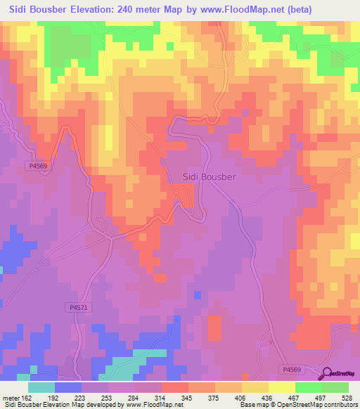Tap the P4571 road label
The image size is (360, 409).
coord(80,307)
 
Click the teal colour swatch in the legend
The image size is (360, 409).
coord(41,387)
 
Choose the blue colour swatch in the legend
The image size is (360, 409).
coord(68,387)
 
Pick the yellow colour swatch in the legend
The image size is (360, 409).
coord(281,387)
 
